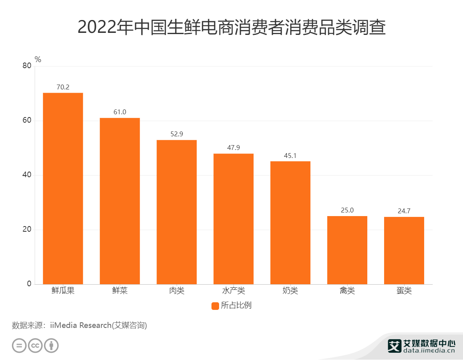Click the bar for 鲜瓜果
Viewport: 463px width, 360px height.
pyautogui.click(x=63, y=188)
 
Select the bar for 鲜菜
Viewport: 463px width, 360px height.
pyautogui.click(x=120, y=201)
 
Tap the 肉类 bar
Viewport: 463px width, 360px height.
pyautogui.click(x=177, y=212)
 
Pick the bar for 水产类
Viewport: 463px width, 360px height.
pyautogui.click(x=234, y=219)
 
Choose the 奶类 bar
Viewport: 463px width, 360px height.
pyautogui.click(x=290, y=222)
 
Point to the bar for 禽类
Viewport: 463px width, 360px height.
pyautogui.click(x=347, y=250)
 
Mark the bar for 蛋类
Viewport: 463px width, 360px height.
pyautogui.click(x=404, y=251)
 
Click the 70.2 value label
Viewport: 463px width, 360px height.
pyautogui.click(x=63, y=87)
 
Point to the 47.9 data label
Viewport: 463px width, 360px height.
pyautogui.click(x=234, y=148)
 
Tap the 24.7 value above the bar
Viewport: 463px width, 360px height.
pyautogui.click(x=404, y=211)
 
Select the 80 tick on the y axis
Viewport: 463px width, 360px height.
pyautogui.click(x=27, y=66)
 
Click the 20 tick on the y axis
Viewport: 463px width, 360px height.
pyautogui.click(x=27, y=230)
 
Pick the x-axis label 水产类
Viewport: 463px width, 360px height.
pyautogui.click(x=234, y=291)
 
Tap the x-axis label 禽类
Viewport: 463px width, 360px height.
pyautogui.click(x=347, y=291)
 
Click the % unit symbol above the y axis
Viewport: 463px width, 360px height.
pyautogui.click(x=38, y=59)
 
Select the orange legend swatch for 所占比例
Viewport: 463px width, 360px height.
pyautogui.click(x=215, y=305)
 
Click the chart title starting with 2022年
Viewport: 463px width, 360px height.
pyautogui.click(x=231, y=27)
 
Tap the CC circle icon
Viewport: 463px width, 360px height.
pyautogui.click(x=35, y=346)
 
